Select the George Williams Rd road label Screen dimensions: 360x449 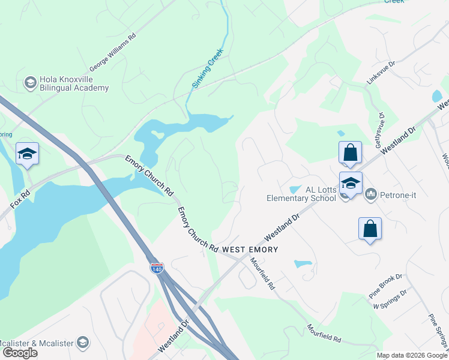tap(113, 52)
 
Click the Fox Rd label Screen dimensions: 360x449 tap(20, 200)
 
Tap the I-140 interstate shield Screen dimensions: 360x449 tap(157, 268)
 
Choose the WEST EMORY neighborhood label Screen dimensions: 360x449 tap(250, 248)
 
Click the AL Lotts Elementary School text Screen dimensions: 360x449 tap(302, 194)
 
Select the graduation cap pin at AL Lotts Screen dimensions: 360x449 tap(351, 184)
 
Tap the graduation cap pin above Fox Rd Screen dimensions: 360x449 tap(27, 154)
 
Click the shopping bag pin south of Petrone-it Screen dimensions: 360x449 tap(370, 229)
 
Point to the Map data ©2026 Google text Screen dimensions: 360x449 tap(411, 355)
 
